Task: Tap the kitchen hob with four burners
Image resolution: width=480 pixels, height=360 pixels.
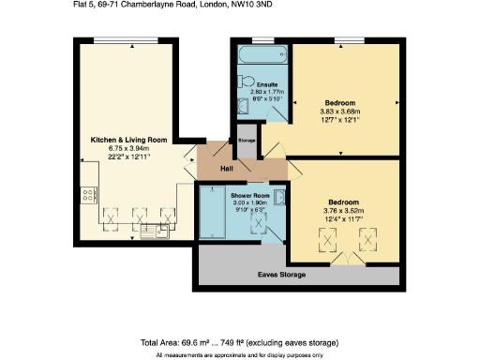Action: [x=88, y=195]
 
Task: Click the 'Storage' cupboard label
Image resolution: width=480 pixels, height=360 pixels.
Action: [x=247, y=140]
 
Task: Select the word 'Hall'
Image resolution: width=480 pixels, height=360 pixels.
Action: [x=226, y=169]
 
